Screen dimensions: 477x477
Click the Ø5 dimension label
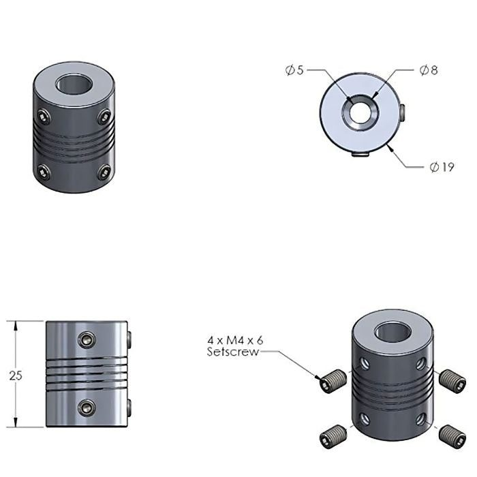pos(294,70)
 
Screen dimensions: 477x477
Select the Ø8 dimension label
pos(429,70)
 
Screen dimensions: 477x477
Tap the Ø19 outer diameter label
pos(442,167)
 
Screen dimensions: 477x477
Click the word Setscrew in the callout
pos(232,352)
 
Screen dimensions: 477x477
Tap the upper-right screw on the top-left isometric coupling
pos(104,117)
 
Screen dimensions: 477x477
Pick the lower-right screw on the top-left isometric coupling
pos(104,172)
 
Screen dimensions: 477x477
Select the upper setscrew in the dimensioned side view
pos(87,339)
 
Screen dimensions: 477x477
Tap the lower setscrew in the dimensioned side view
pos(87,407)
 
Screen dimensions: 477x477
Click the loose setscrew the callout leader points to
pos(330,383)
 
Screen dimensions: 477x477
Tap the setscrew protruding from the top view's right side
pos(405,108)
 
